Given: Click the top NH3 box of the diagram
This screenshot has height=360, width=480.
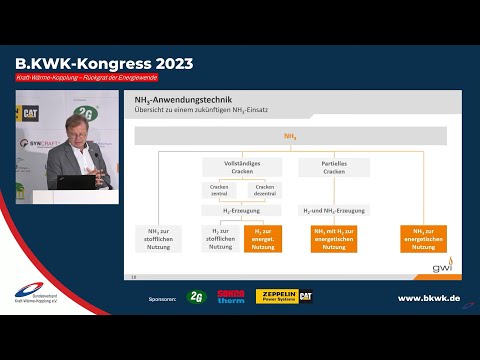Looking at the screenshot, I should point(290,135).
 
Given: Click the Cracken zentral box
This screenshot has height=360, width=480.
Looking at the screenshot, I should point(219,190).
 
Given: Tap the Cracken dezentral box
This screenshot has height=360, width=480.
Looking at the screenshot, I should point(264,190).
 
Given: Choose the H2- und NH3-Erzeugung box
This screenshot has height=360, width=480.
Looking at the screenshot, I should point(334,211).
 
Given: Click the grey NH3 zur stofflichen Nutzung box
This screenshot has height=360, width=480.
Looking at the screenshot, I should point(157,237).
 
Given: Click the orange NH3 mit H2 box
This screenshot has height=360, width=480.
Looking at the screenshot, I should point(334,237).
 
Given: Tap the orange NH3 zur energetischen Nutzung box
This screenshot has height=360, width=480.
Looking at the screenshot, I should point(424,237).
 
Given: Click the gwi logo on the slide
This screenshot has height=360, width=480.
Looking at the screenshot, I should point(441,268).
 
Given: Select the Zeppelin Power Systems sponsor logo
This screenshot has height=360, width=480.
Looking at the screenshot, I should point(284,296).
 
